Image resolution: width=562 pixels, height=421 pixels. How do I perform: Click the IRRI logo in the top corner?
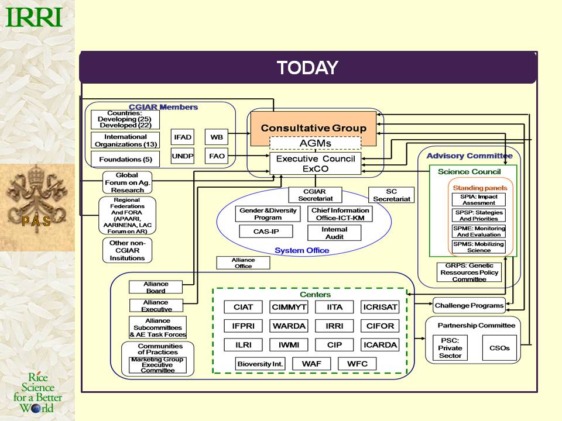(x=33, y=17)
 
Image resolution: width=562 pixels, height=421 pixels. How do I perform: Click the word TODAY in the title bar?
(x=307, y=68)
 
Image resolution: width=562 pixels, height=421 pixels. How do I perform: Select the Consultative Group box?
(x=313, y=128)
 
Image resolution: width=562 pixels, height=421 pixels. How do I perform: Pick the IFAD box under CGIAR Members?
(x=183, y=137)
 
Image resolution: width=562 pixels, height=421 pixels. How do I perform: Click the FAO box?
(x=215, y=156)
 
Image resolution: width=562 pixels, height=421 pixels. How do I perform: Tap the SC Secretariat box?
(x=392, y=195)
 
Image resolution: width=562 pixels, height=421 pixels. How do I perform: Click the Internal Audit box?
(x=334, y=233)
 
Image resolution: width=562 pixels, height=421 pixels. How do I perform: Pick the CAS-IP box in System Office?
(x=266, y=232)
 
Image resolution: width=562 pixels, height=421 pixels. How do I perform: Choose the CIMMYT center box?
(x=289, y=307)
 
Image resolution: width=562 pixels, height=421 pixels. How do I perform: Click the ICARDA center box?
(x=379, y=345)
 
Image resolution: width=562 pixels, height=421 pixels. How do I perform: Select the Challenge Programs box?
(x=469, y=305)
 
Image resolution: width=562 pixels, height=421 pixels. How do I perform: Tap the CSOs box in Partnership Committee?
(x=499, y=348)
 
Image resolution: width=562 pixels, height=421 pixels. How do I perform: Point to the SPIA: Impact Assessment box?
(x=478, y=200)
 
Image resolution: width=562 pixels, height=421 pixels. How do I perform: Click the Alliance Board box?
(x=156, y=287)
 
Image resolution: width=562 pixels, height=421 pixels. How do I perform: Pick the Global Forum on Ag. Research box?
(x=127, y=182)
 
